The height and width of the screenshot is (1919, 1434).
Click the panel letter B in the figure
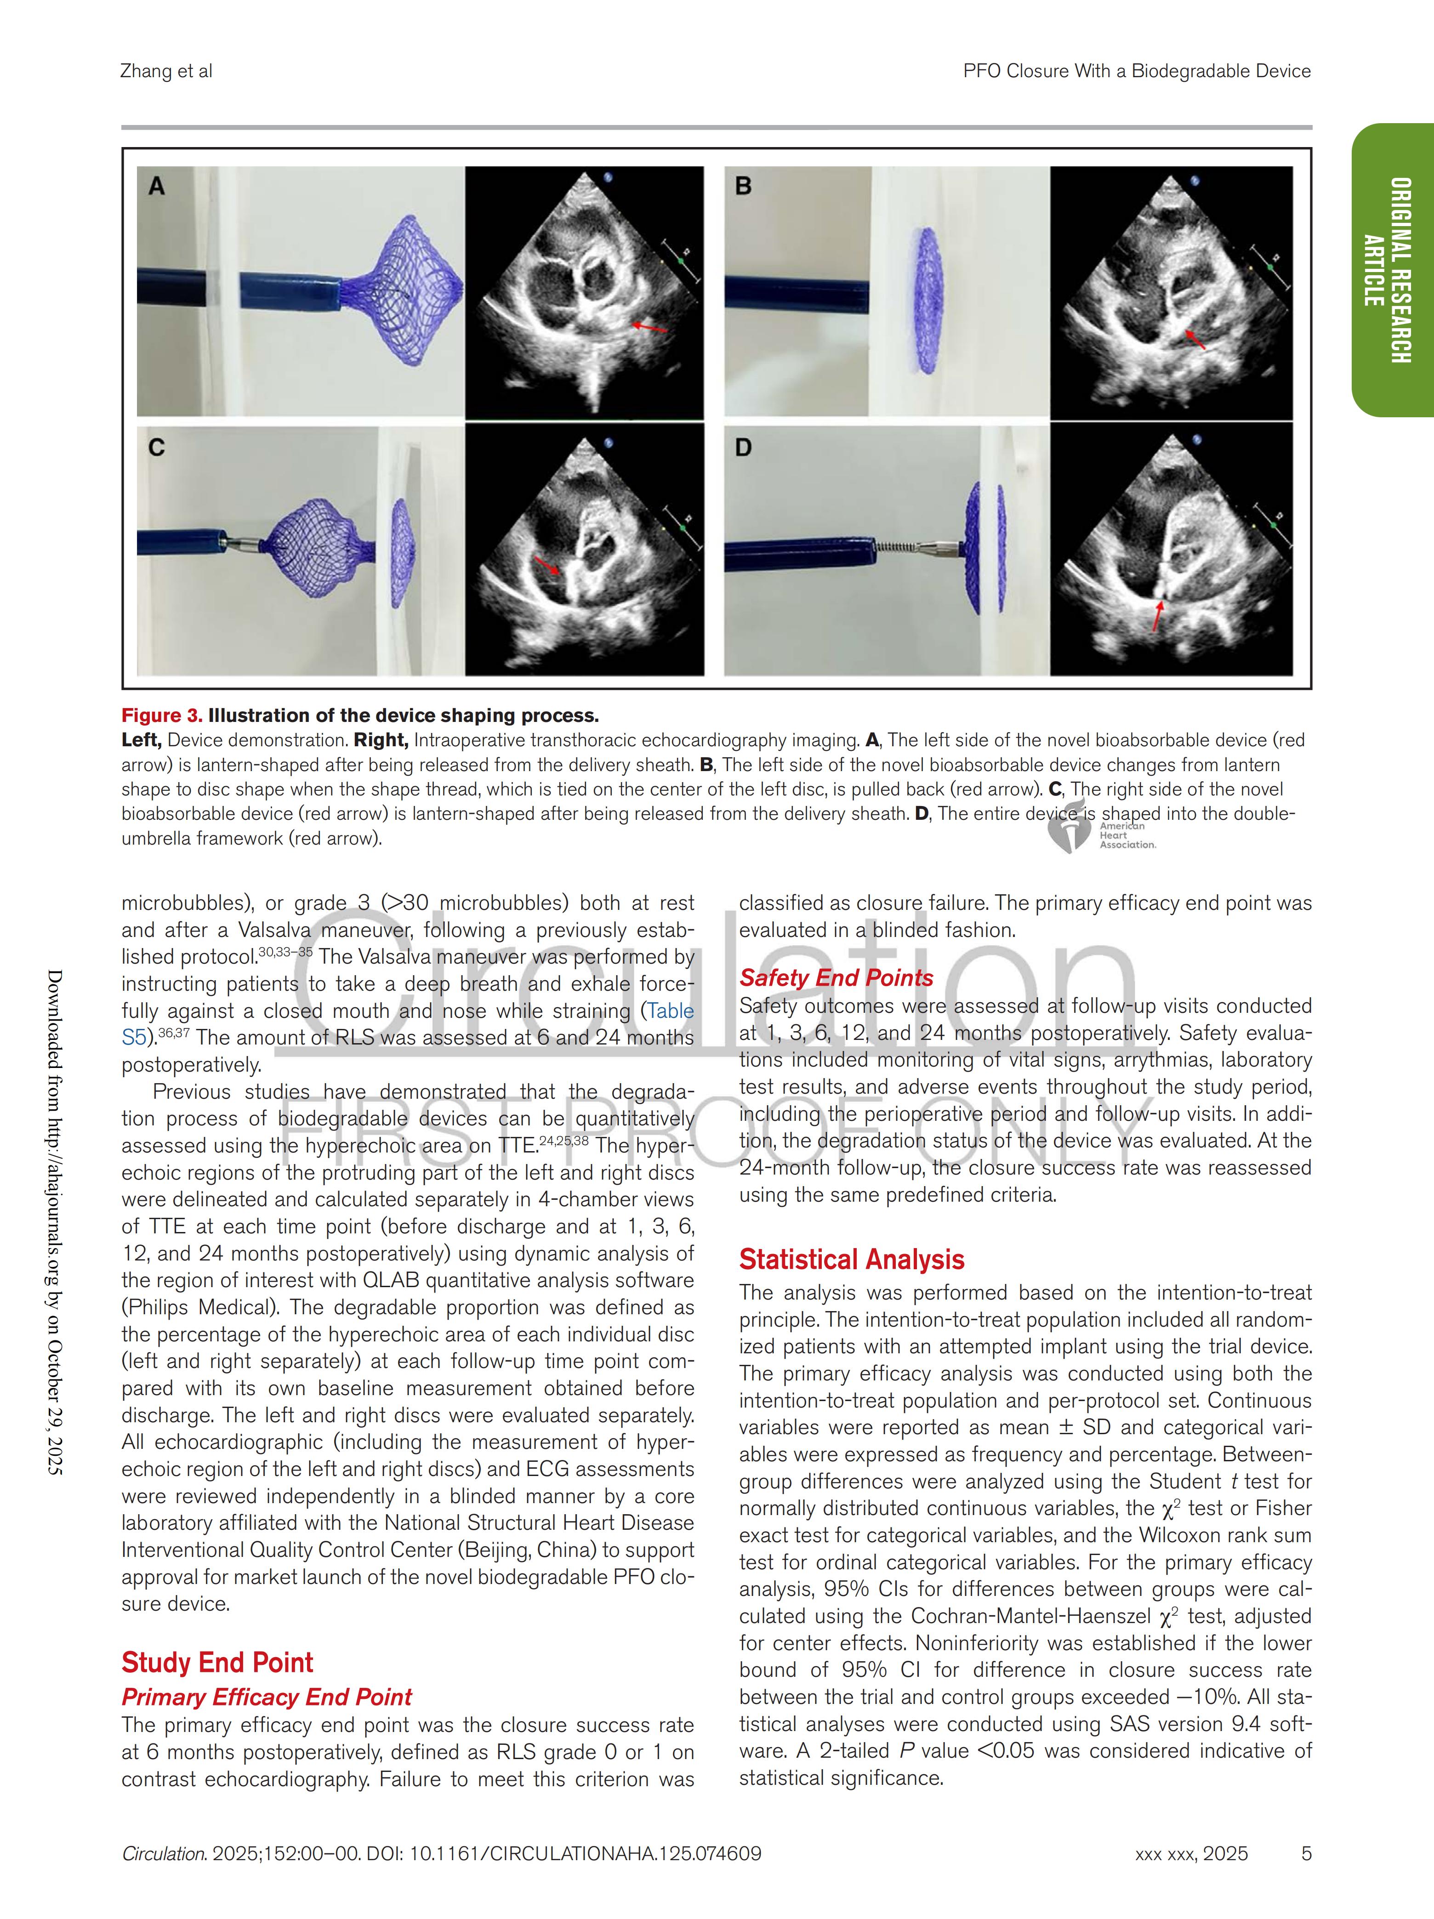coord(744,186)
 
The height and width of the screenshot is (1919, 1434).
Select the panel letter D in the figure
coord(744,448)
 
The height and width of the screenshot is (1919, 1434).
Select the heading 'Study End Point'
coord(217,1662)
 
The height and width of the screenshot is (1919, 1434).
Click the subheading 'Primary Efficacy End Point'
coord(266,1697)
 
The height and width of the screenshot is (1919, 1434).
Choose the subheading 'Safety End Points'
coord(836,978)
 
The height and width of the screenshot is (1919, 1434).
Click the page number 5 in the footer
coord(1306,1854)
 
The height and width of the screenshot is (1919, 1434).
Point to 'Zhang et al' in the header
coord(166,71)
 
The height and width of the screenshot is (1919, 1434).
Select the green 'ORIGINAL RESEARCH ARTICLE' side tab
coord(1392,270)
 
